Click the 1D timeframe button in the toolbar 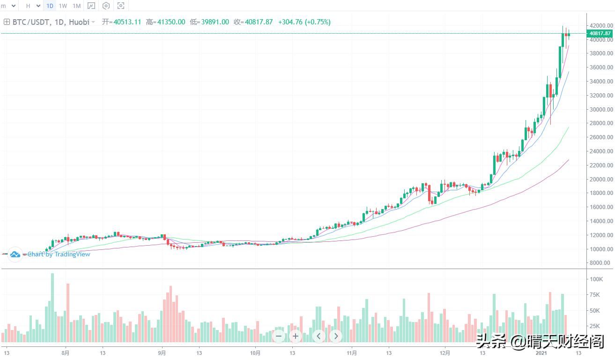(50, 6)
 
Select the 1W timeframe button (63, 6)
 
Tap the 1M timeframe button (76, 6)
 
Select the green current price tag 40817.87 (600, 33)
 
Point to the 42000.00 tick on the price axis (601, 25)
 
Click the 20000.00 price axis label (601, 179)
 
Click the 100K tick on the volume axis (596, 279)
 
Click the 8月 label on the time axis (66, 353)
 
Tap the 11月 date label (352, 353)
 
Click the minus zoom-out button (279, 336)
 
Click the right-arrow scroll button (336, 336)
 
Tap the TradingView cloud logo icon (15, 254)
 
